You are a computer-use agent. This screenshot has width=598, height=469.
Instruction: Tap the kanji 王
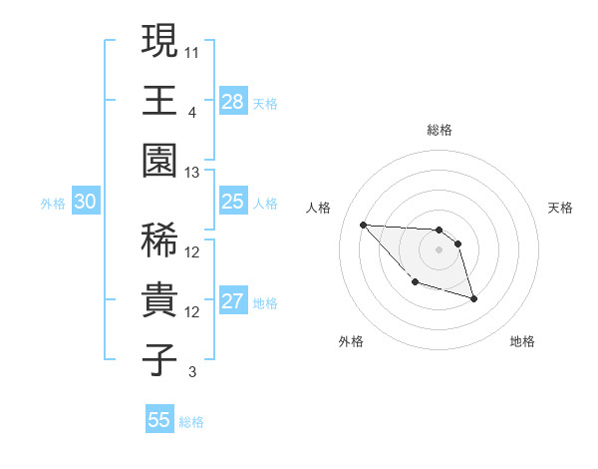[x=159, y=100]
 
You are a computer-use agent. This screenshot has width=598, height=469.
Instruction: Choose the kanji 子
[x=159, y=359]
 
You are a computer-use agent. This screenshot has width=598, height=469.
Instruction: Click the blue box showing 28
[x=233, y=101]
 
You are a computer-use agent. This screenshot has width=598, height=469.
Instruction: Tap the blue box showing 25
[x=233, y=203]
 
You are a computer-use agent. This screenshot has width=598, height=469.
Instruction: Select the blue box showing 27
[x=233, y=301]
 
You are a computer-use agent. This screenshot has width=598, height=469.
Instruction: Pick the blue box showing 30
[x=86, y=203]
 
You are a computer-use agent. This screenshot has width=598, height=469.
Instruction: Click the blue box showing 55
[x=159, y=420]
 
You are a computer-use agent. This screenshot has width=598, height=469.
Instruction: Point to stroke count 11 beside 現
[x=192, y=51]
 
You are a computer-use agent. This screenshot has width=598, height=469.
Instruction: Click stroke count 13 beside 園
[x=192, y=173]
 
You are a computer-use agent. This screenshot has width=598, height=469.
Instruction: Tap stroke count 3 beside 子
[x=192, y=372]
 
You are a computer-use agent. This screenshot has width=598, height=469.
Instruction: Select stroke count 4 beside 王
[x=192, y=112]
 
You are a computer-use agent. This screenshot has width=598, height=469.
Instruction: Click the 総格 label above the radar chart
[x=440, y=130]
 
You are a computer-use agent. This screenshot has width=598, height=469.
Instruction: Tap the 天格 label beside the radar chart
[x=560, y=208]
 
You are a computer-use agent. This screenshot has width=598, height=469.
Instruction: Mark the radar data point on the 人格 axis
[x=363, y=225]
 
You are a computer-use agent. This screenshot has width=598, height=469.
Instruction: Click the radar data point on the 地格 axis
[x=473, y=298]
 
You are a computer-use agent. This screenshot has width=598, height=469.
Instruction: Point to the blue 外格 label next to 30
[x=52, y=204]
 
